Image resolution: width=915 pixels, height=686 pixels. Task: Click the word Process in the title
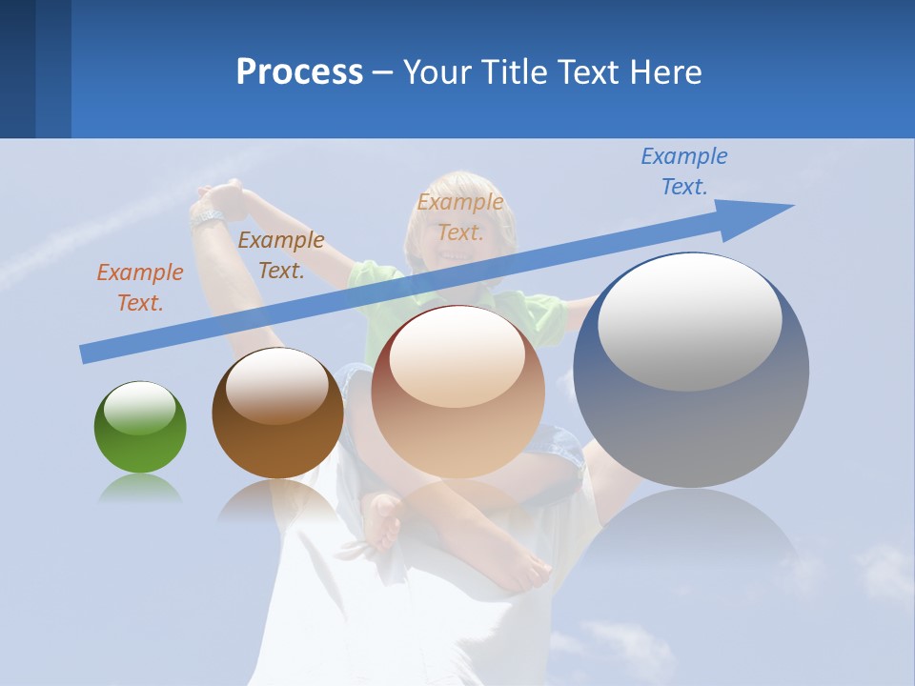click(x=299, y=71)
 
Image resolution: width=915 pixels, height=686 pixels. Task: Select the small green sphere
click(x=140, y=428)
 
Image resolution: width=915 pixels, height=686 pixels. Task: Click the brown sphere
click(x=277, y=414)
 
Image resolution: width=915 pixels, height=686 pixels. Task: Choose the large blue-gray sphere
click(x=691, y=371)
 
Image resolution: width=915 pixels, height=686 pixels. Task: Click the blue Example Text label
click(x=683, y=171)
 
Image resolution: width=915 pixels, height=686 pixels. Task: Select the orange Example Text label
click(x=139, y=288)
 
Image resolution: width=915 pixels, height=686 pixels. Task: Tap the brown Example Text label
click(x=280, y=255)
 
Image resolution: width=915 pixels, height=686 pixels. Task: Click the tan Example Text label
click(x=460, y=217)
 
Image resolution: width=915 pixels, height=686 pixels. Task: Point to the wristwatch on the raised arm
click(x=206, y=217)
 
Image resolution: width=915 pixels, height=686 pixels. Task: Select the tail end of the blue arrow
click(x=85, y=353)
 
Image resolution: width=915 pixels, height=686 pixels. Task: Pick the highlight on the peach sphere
click(x=457, y=358)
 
